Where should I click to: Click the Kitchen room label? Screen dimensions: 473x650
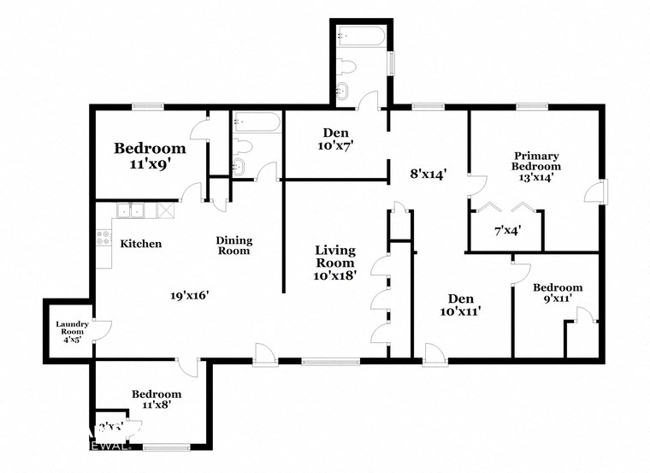(x=140, y=244)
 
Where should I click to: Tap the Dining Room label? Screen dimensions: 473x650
(x=233, y=245)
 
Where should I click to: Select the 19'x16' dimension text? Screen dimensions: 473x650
(x=189, y=295)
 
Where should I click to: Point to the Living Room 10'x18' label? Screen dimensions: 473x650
(x=334, y=263)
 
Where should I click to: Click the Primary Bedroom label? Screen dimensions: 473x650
(x=536, y=166)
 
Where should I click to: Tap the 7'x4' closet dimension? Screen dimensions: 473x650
(x=508, y=230)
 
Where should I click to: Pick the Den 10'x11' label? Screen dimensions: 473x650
(x=461, y=304)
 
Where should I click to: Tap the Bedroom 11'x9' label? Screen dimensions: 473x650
(x=150, y=154)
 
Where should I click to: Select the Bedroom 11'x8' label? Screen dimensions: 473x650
(x=157, y=399)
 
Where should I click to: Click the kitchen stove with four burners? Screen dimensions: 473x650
(x=103, y=237)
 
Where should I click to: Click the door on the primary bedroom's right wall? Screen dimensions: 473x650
(x=595, y=192)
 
